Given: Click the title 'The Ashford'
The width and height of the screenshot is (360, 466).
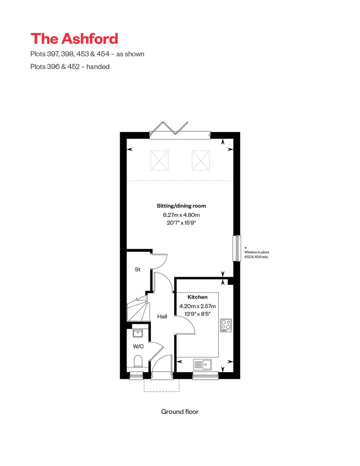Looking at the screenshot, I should click(x=74, y=39).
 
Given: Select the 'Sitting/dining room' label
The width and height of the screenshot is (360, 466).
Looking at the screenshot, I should click(x=181, y=206).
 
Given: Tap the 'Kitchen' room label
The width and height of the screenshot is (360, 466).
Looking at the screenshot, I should click(x=198, y=297).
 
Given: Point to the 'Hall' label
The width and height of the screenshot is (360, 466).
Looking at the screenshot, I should click(x=162, y=317).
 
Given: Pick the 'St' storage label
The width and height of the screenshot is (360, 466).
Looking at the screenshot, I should click(x=138, y=270).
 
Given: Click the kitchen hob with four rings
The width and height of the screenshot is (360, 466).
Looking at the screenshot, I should click(x=225, y=325).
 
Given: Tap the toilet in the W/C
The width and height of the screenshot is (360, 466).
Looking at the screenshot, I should click(x=138, y=362).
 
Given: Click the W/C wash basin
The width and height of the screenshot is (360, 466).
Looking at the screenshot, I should click(x=138, y=333).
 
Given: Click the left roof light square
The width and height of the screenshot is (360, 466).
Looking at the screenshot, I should click(x=160, y=160).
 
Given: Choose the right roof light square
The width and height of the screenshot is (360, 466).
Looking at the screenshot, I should click(x=201, y=160).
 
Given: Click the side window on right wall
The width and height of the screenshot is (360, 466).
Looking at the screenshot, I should click(x=235, y=248).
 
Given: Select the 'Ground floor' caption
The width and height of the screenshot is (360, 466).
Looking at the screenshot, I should click(x=180, y=412).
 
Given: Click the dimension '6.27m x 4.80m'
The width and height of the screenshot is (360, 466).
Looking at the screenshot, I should click(x=181, y=215).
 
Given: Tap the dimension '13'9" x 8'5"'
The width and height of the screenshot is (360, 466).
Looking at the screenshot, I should click(x=198, y=314).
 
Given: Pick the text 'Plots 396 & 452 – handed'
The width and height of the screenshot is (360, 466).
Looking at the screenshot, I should click(x=70, y=67).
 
